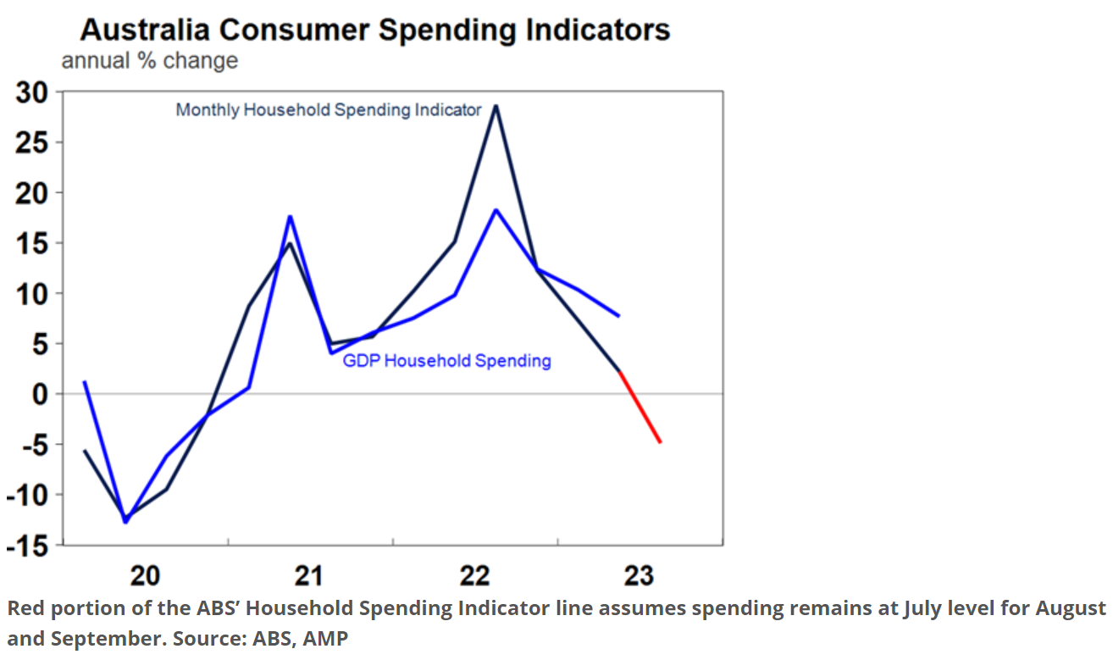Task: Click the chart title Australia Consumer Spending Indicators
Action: coord(375,30)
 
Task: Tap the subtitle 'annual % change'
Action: coord(149,61)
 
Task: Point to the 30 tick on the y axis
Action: coord(32,92)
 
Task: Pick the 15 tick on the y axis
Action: coord(32,243)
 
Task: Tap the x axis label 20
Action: coord(145,577)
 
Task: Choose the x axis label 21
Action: coord(310,577)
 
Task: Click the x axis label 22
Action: coord(475,577)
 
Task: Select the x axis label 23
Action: coord(640,577)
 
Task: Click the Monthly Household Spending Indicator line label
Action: coord(329,110)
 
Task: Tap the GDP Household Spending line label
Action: coord(446,361)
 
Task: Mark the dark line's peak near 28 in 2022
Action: coord(496,106)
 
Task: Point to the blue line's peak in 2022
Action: coord(496,210)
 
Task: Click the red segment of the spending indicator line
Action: coord(640,408)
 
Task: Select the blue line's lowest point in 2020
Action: coord(125,522)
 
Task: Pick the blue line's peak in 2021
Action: coord(290,217)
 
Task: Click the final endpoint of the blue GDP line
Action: coord(619,316)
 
